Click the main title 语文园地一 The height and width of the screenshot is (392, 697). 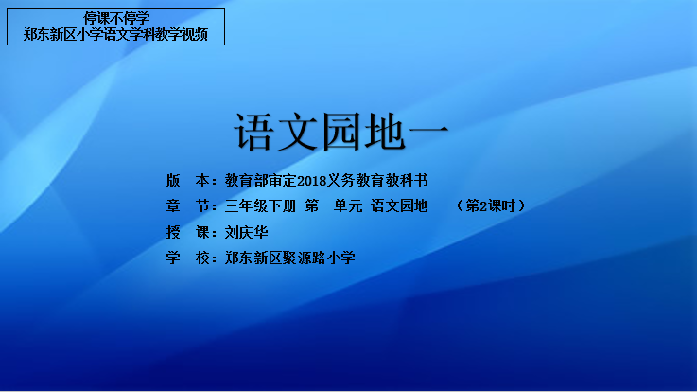pyautogui.click(x=341, y=132)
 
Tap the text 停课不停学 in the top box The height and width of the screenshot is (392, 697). pyautogui.click(x=116, y=18)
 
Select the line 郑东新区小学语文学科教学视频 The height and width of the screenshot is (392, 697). pyautogui.click(x=115, y=34)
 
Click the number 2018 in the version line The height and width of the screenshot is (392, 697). pyautogui.click(x=311, y=181)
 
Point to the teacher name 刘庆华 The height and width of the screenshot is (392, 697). pyautogui.click(x=246, y=232)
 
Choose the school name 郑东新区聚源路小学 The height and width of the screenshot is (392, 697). pyautogui.click(x=289, y=258)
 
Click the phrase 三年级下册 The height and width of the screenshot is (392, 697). pyautogui.click(x=260, y=206)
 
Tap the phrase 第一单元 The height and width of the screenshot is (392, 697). pyautogui.click(x=334, y=206)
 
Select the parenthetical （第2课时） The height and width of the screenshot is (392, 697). pyautogui.click(x=490, y=206)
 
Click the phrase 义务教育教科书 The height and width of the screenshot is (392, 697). pyautogui.click(x=377, y=180)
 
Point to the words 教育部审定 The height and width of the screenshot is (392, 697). pyautogui.click(x=260, y=180)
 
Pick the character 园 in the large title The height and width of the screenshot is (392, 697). pyautogui.click(x=341, y=132)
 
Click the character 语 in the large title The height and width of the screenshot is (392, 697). pyautogui.click(x=253, y=132)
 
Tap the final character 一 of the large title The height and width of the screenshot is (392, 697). pyautogui.click(x=428, y=131)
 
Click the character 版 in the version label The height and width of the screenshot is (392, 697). pyautogui.click(x=173, y=180)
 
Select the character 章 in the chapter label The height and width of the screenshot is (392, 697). pyautogui.click(x=173, y=206)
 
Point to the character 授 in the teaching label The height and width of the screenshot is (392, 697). pyautogui.click(x=173, y=232)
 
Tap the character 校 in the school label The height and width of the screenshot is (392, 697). pyautogui.click(x=202, y=258)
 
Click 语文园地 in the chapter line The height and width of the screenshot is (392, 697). pyautogui.click(x=399, y=206)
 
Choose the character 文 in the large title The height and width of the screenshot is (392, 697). pyautogui.click(x=297, y=132)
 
